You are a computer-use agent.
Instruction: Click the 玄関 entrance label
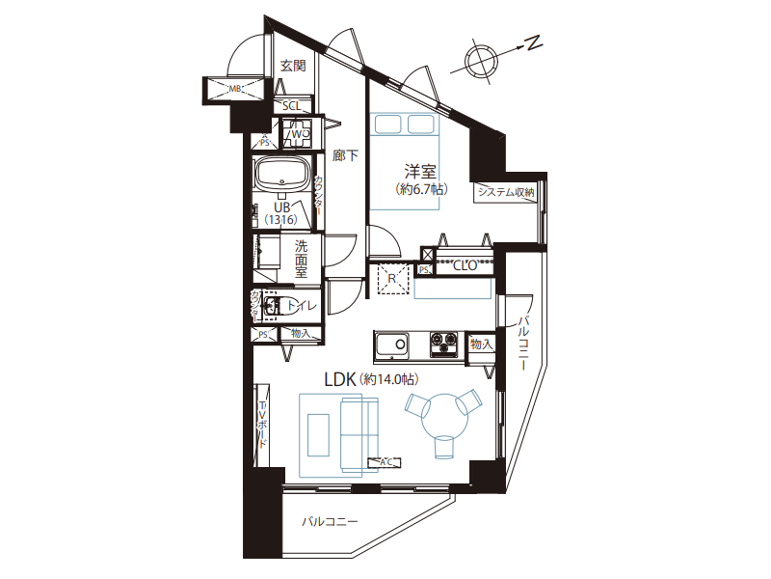293,66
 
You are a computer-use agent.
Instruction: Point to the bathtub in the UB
280,177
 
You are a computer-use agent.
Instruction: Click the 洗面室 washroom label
302,260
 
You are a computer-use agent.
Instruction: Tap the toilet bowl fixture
274,307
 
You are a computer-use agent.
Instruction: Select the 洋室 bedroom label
420,172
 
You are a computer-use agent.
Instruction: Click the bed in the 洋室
405,124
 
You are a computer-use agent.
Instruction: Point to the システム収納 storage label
506,192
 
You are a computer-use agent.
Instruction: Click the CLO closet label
465,266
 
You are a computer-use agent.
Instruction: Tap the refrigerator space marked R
392,280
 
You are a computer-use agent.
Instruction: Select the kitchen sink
392,345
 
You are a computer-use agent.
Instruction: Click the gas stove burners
445,342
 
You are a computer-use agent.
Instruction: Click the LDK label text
341,380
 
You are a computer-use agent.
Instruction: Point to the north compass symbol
480,59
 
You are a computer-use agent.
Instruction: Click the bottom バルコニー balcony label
329,522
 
